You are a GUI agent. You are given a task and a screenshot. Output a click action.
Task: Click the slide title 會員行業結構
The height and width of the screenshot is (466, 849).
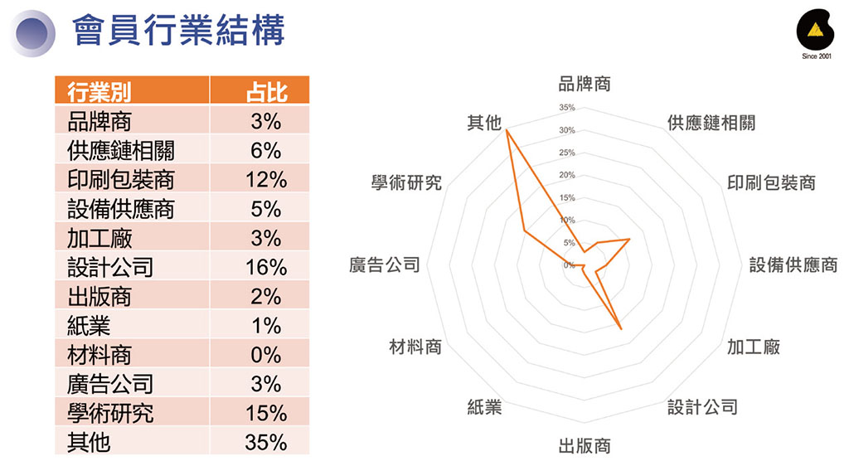point(178,31)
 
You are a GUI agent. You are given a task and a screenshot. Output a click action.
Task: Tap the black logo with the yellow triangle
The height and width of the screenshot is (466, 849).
point(815,32)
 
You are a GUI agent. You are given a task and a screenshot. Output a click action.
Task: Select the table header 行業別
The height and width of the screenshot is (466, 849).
point(99,91)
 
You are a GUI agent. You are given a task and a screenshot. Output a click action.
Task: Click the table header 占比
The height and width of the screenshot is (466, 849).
point(266,91)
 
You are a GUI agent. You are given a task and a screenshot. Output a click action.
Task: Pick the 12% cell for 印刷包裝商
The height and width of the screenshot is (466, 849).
point(266,179)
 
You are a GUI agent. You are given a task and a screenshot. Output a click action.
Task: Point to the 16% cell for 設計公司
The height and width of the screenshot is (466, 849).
point(266,267)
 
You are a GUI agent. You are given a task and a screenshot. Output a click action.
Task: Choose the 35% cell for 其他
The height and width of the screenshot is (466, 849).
point(266,442)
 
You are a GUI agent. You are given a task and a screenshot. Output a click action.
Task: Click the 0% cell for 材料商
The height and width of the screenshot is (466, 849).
point(266,355)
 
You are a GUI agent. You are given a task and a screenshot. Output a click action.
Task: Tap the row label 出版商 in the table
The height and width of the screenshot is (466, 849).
point(99,296)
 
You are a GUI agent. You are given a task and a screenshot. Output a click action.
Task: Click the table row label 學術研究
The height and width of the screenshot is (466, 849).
point(110,413)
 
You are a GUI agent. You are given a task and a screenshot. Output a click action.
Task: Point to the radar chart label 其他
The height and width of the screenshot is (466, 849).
point(484,123)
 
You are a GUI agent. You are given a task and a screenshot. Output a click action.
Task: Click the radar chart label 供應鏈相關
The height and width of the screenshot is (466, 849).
point(711,123)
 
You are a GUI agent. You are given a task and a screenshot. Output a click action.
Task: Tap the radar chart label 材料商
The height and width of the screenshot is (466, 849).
point(415,347)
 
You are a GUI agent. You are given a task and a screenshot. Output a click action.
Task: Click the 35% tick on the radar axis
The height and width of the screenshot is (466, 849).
point(567,108)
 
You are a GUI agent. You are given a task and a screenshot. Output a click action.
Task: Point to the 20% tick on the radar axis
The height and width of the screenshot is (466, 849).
point(567,175)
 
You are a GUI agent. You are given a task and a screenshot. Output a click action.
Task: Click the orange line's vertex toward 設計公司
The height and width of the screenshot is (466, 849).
point(621,328)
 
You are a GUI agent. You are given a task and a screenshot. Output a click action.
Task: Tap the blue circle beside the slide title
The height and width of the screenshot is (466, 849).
point(32,33)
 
